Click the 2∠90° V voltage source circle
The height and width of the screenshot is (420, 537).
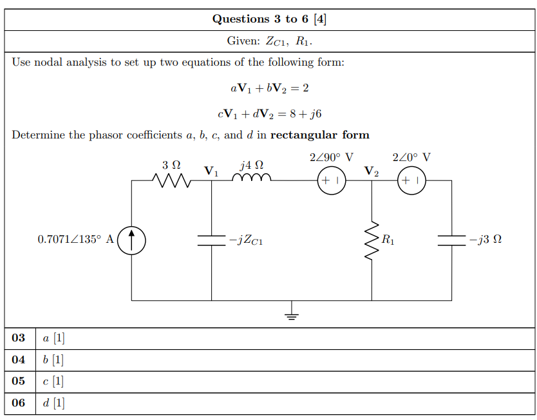coord(332,181)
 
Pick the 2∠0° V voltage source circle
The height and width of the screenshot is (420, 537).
coord(411,181)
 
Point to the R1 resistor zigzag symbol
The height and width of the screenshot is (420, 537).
coord(372,240)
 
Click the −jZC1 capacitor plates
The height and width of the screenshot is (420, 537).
coord(211,240)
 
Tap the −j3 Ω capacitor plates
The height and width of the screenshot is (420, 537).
coord(451,240)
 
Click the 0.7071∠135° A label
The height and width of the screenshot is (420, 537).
coord(75,240)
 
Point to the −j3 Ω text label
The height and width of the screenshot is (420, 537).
coord(485,240)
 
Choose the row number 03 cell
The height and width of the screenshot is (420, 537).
coord(19,338)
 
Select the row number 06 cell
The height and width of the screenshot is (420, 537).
coord(19,403)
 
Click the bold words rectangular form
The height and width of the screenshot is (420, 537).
coord(320,135)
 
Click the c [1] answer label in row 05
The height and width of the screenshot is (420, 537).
coord(53,381)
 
